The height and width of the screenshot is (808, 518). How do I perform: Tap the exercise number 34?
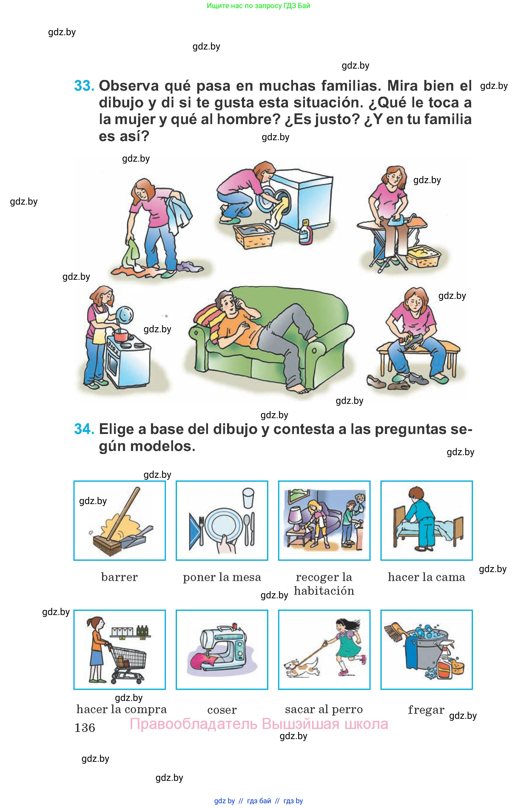tap(84, 429)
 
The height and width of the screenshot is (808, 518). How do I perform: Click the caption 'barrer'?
tap(119, 577)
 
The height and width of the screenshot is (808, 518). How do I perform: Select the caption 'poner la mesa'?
tap(222, 577)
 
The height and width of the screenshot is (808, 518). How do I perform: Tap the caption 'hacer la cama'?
tap(426, 577)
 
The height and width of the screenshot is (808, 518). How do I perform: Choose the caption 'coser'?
tap(222, 710)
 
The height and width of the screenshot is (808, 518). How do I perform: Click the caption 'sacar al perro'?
tap(324, 709)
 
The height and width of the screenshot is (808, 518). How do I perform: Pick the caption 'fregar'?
tap(426, 710)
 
